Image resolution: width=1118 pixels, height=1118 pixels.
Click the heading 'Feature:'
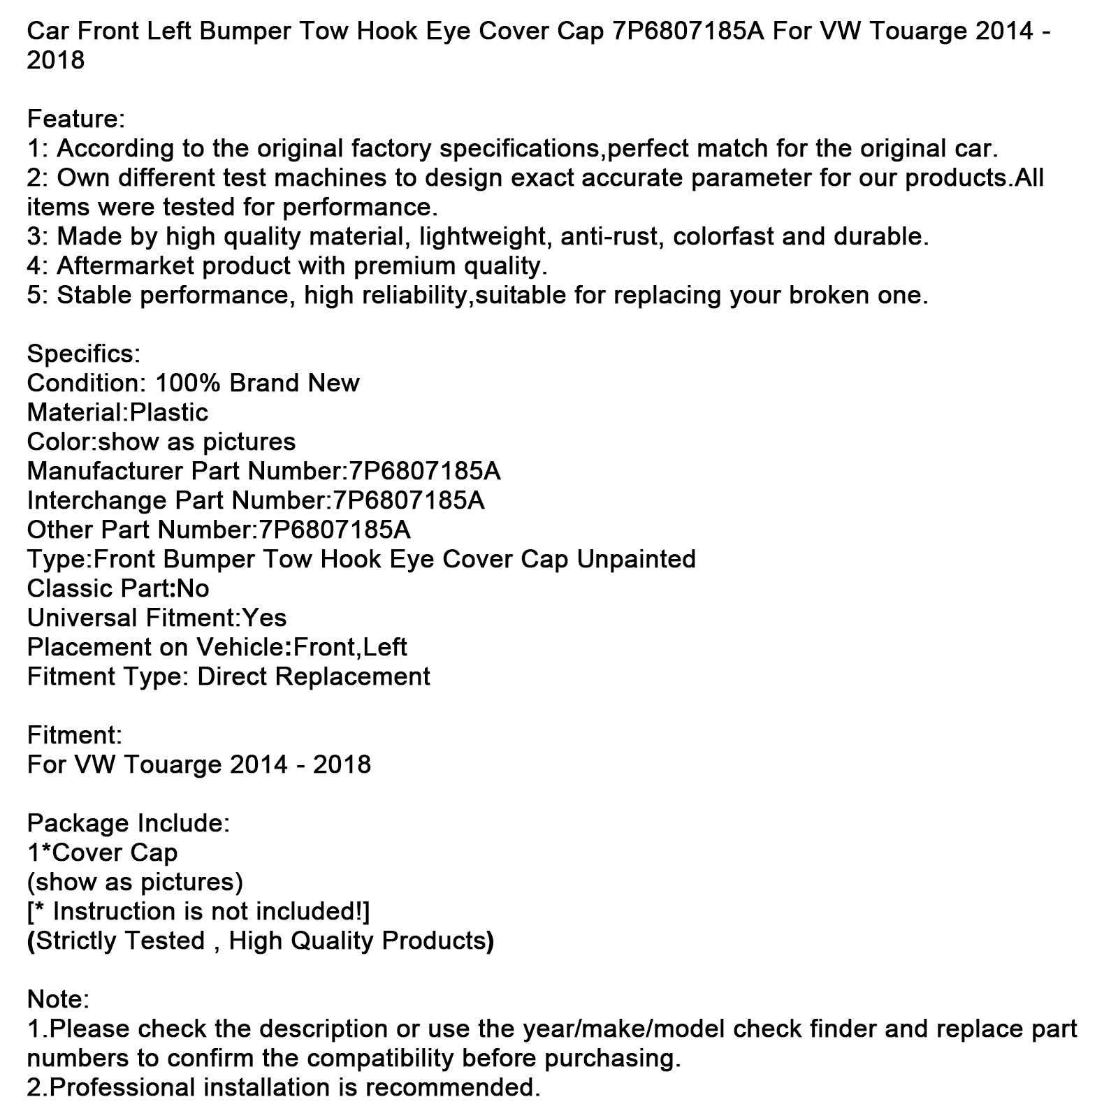[x=75, y=119]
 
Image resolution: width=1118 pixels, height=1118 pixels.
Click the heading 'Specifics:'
[x=83, y=354]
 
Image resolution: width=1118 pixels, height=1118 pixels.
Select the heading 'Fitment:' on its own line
[x=74, y=735]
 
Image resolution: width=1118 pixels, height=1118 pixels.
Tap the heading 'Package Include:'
[x=128, y=823]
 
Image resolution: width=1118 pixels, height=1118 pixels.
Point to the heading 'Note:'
[x=58, y=999]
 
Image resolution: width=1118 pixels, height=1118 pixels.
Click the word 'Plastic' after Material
[x=169, y=412]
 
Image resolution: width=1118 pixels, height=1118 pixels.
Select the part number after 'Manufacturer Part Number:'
[x=421, y=471]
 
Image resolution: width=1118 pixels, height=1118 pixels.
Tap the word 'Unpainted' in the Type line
[x=636, y=559]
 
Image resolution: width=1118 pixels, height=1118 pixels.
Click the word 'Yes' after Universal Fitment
[x=264, y=618]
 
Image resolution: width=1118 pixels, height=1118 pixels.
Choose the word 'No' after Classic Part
[x=193, y=588]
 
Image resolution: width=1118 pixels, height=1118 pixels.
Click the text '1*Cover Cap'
[x=102, y=852]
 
